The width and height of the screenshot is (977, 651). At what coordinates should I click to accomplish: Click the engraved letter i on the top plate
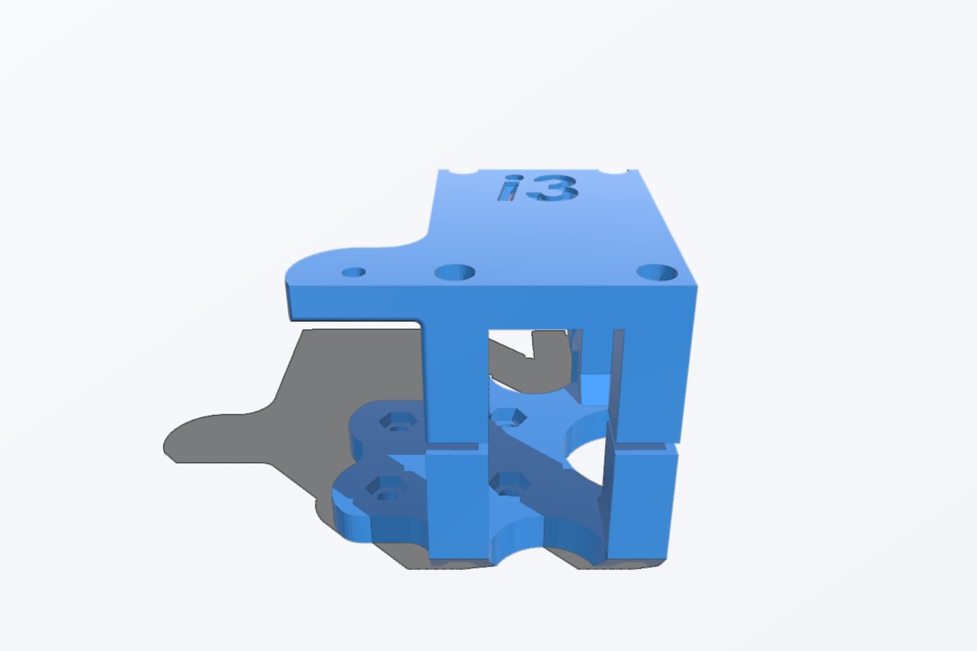(509, 188)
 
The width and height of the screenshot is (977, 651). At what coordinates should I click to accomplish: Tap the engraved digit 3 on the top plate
(553, 188)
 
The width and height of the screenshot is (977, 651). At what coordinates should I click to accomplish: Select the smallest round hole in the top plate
(354, 273)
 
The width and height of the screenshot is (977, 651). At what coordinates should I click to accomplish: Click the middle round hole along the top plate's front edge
(455, 273)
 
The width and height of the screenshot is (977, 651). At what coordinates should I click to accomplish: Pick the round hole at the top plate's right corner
(657, 273)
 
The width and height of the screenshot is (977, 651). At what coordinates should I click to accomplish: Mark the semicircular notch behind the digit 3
(613, 171)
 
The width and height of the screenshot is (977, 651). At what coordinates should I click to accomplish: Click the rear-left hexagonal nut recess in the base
(398, 421)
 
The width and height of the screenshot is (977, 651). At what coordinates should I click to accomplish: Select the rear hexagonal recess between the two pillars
(508, 417)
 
